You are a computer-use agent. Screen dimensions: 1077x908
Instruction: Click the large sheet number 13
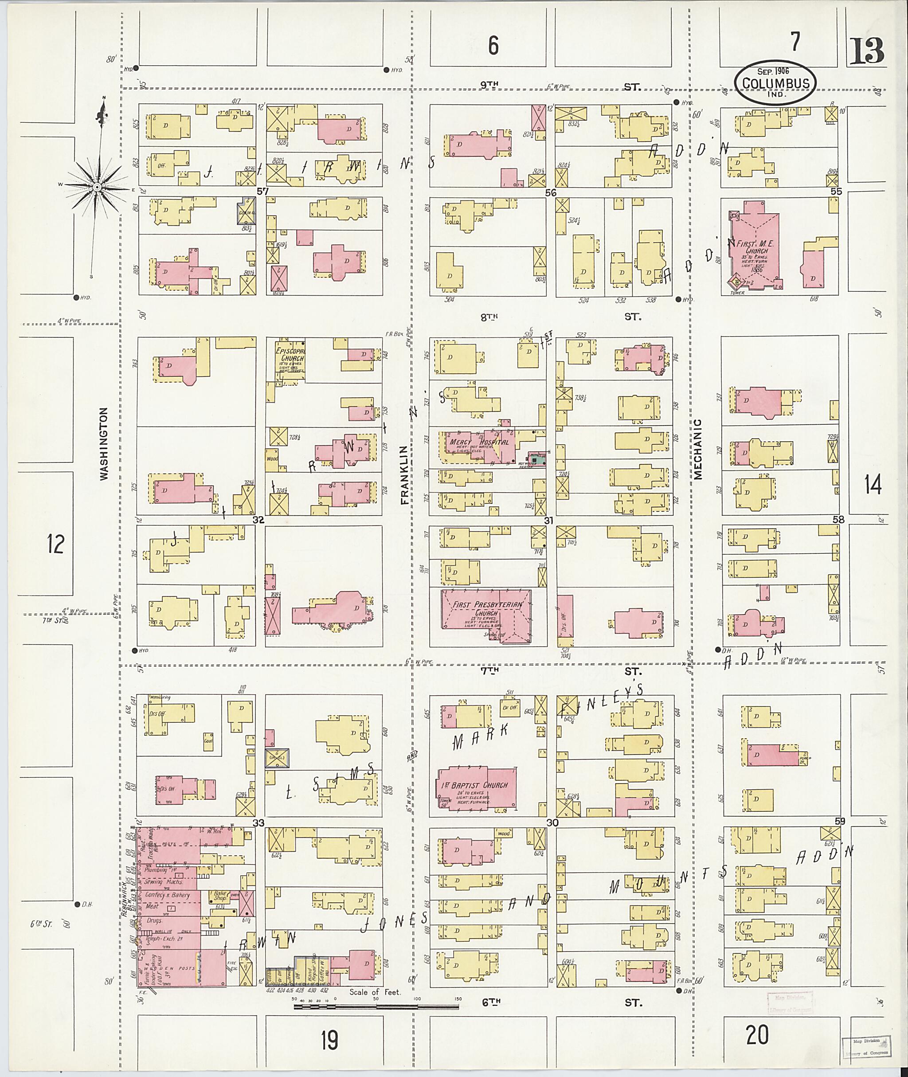866,51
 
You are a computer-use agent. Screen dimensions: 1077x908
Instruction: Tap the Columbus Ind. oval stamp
775,84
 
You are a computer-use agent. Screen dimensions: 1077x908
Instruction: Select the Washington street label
105,444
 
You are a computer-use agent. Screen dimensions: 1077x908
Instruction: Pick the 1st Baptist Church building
476,789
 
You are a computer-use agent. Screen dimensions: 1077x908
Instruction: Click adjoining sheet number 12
55,544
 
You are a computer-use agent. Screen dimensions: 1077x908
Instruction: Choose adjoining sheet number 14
873,485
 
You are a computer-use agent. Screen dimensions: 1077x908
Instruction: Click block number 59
840,822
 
